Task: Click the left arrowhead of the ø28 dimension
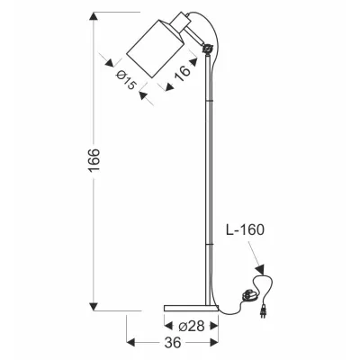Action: [169, 323]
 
